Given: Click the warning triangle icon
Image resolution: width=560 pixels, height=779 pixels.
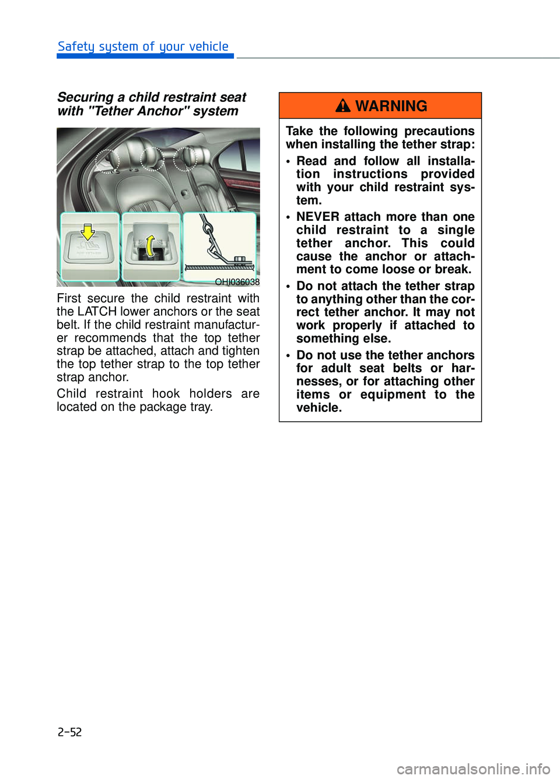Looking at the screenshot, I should click(343, 105).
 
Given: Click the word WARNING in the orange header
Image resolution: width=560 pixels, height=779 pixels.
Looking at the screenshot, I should click(391, 106).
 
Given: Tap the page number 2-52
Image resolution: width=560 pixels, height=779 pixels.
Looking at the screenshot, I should click(69, 732).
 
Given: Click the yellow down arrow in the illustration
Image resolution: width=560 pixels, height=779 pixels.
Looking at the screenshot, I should click(87, 232).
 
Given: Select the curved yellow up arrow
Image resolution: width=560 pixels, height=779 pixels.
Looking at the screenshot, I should click(150, 245).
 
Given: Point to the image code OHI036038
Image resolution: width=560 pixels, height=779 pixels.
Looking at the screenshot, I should click(237, 282).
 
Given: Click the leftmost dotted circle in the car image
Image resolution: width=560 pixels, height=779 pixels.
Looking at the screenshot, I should click(107, 160).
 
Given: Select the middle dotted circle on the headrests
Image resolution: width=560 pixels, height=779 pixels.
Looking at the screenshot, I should click(152, 158).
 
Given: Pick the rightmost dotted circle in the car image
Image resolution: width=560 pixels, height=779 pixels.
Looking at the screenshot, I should click(185, 158).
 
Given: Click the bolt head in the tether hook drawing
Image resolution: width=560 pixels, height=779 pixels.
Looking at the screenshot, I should click(239, 259).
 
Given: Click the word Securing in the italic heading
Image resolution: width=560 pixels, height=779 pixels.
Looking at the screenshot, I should click(85, 97).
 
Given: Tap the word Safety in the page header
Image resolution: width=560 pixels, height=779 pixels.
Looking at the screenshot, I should click(76, 47).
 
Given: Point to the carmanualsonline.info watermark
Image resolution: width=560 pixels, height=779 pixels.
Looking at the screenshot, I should click(473, 769).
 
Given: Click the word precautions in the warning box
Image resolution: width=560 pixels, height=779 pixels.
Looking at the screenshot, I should click(439, 131).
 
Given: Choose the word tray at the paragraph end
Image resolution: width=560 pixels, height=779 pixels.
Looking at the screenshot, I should click(200, 407).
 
